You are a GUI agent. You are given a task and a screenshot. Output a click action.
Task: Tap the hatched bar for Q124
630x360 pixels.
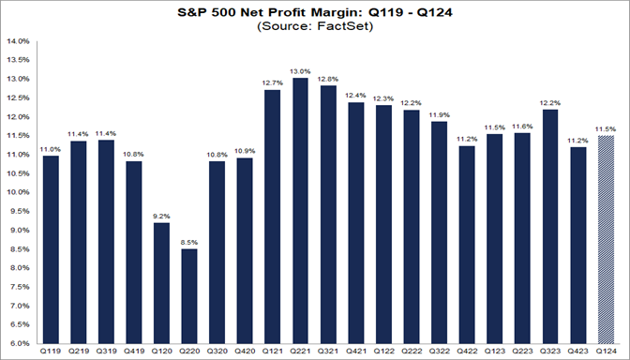click(x=605, y=239)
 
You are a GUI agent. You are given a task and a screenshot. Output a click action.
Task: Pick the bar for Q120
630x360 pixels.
click(x=161, y=282)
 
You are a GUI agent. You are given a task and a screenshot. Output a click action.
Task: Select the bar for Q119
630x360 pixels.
click(x=51, y=248)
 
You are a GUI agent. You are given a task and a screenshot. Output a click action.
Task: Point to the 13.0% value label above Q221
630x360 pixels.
click(x=301, y=70)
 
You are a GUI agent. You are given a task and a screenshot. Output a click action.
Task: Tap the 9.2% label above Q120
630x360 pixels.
click(x=161, y=215)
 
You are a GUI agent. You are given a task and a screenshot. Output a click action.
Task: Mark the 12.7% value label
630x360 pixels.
click(x=273, y=82)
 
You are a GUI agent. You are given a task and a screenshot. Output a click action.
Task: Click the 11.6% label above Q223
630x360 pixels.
click(x=522, y=126)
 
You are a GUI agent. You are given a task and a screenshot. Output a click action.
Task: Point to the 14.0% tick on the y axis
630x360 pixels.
click(x=18, y=41)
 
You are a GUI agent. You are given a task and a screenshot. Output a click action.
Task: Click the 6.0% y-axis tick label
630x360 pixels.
click(x=20, y=344)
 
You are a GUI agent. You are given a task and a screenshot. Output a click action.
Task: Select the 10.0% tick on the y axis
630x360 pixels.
click(x=18, y=192)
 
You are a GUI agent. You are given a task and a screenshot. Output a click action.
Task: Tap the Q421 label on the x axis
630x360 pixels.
click(x=355, y=352)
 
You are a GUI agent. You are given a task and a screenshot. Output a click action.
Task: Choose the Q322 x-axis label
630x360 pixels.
click(x=439, y=352)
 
